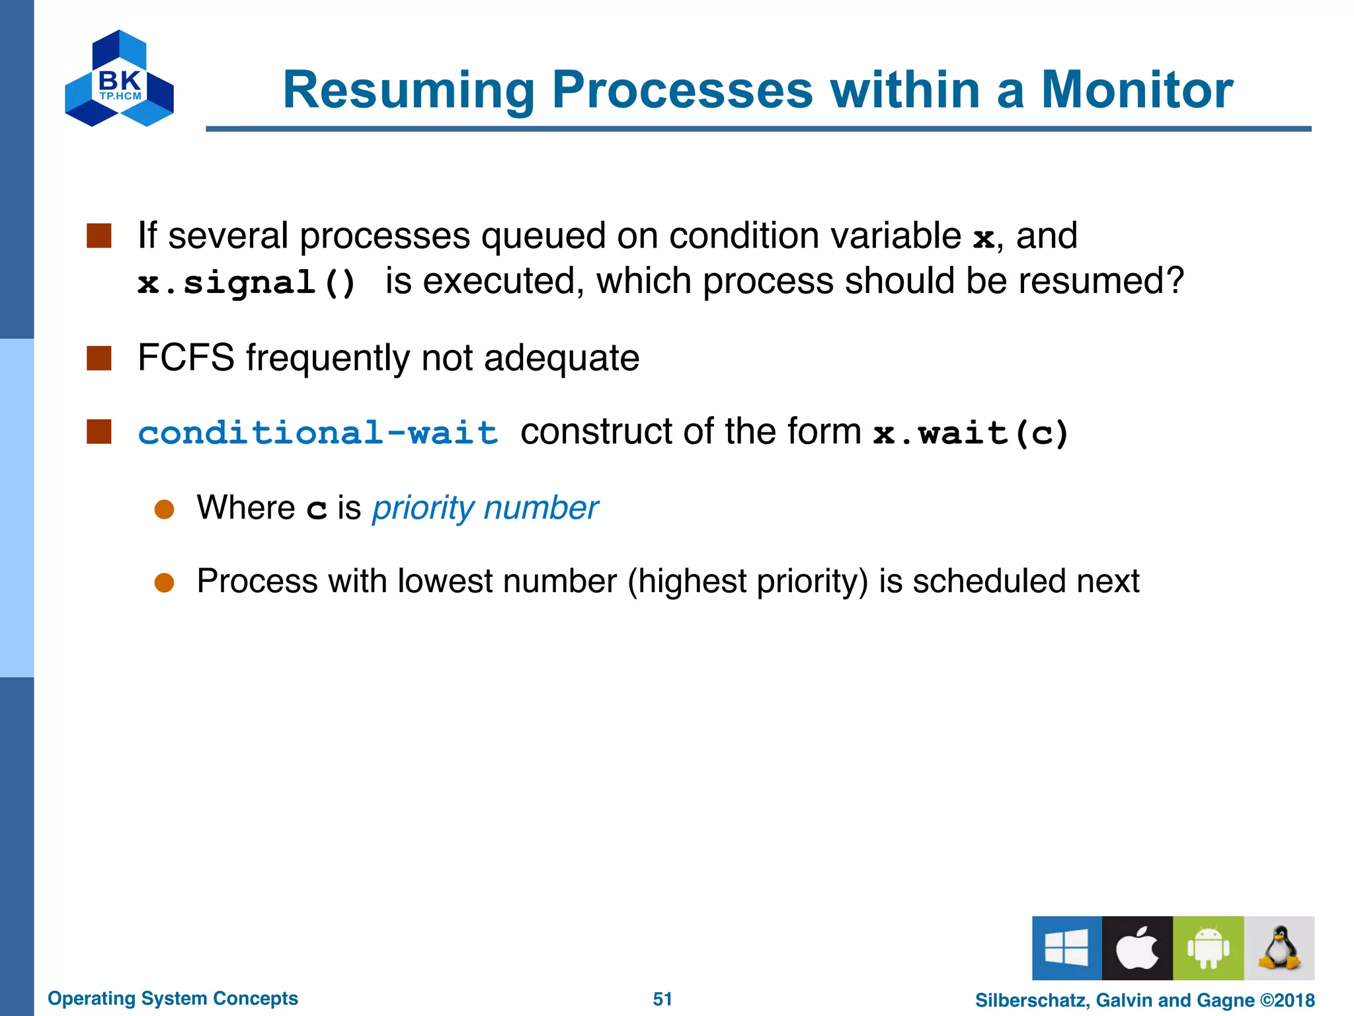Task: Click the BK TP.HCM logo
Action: click(x=120, y=79)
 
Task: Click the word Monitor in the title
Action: click(x=1136, y=90)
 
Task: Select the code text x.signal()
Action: click(x=247, y=283)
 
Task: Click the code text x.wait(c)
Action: click(x=971, y=433)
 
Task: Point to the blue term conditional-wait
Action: click(x=317, y=433)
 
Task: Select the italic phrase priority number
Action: click(x=485, y=508)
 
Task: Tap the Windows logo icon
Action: click(x=1066, y=948)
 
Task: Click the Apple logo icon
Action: click(x=1137, y=948)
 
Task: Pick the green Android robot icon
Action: click(x=1208, y=948)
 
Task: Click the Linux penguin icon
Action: click(x=1279, y=948)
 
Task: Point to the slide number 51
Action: click(x=662, y=999)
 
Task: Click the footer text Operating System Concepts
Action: click(x=173, y=998)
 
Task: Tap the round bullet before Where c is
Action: click(x=164, y=509)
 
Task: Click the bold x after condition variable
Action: click(x=983, y=237)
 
